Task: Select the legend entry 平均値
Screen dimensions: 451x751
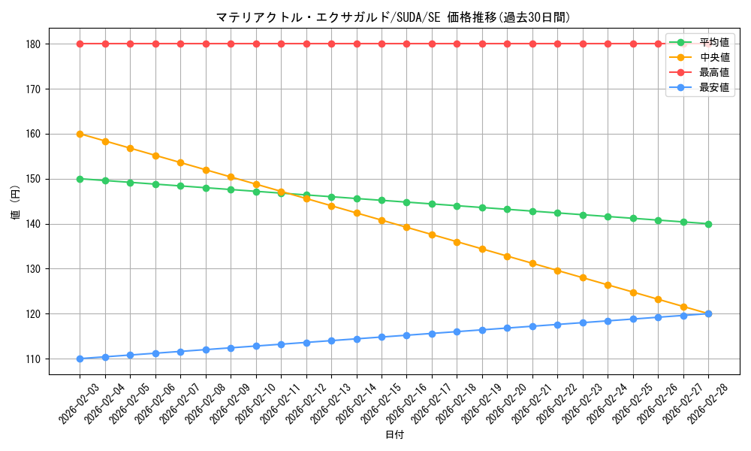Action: pos(714,42)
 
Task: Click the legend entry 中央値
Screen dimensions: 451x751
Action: pos(714,57)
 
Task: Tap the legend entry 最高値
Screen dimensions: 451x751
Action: pos(714,73)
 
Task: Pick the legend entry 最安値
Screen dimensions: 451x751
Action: pos(714,88)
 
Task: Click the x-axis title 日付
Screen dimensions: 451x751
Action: pos(394,435)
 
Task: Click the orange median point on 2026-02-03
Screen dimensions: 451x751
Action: pos(80,134)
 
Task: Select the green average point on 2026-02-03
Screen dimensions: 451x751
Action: pos(80,179)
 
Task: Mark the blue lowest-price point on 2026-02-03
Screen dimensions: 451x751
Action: pos(80,359)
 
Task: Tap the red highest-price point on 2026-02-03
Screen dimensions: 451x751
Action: pos(80,44)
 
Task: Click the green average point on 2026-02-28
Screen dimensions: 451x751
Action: pos(708,224)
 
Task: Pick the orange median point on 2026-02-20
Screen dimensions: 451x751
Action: pos(507,256)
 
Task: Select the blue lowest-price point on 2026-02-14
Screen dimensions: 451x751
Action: pos(357,339)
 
